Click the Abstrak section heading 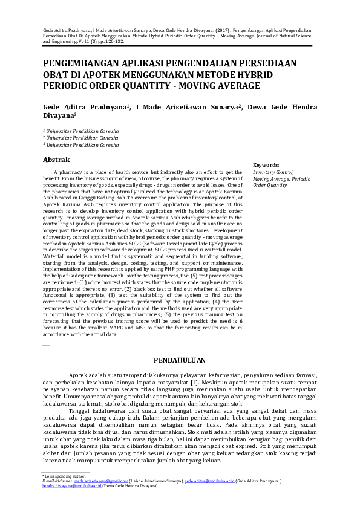(58, 160)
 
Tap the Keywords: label (266, 164)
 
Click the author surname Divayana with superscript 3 (59, 118)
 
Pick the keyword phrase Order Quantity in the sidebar (270, 185)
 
